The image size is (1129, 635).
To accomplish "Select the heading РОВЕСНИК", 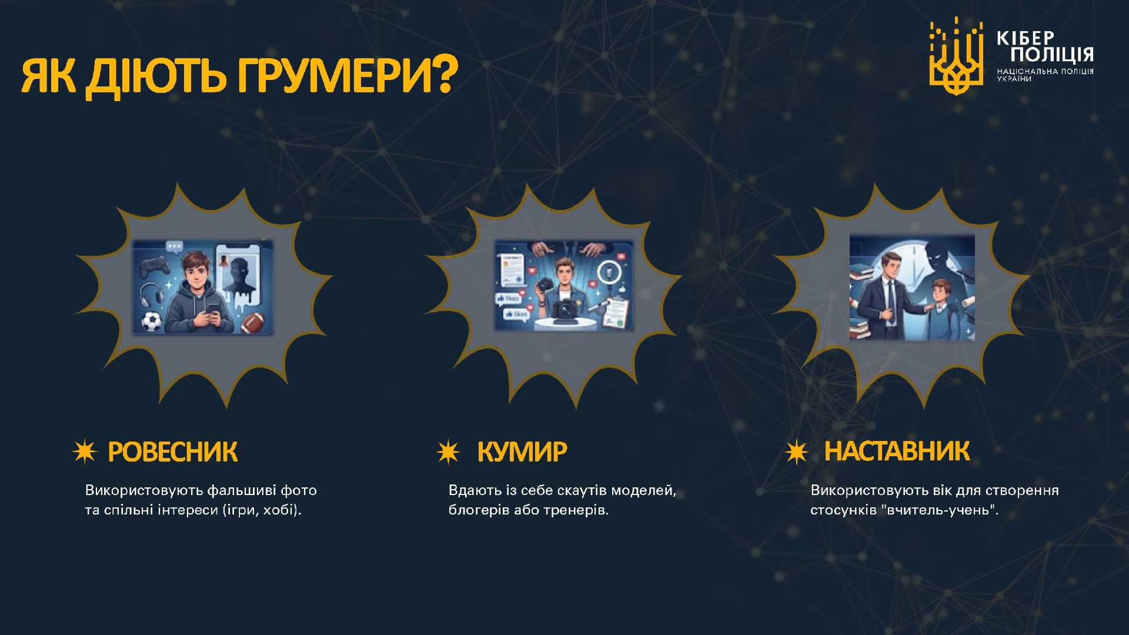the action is point(173,452).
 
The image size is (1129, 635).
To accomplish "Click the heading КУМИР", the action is point(522,452).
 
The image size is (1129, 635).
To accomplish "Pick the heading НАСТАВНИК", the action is point(897,451).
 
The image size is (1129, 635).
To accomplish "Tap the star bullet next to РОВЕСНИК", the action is point(84,452).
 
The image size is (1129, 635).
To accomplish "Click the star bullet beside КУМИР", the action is point(448,452).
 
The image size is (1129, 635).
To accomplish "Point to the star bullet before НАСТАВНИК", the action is point(797,452).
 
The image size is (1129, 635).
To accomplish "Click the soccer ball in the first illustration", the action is point(151,321).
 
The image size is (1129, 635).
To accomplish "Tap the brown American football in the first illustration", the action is point(253,322).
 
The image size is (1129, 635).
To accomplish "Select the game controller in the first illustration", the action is point(155,267).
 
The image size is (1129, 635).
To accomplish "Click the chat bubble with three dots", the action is point(175,247).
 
